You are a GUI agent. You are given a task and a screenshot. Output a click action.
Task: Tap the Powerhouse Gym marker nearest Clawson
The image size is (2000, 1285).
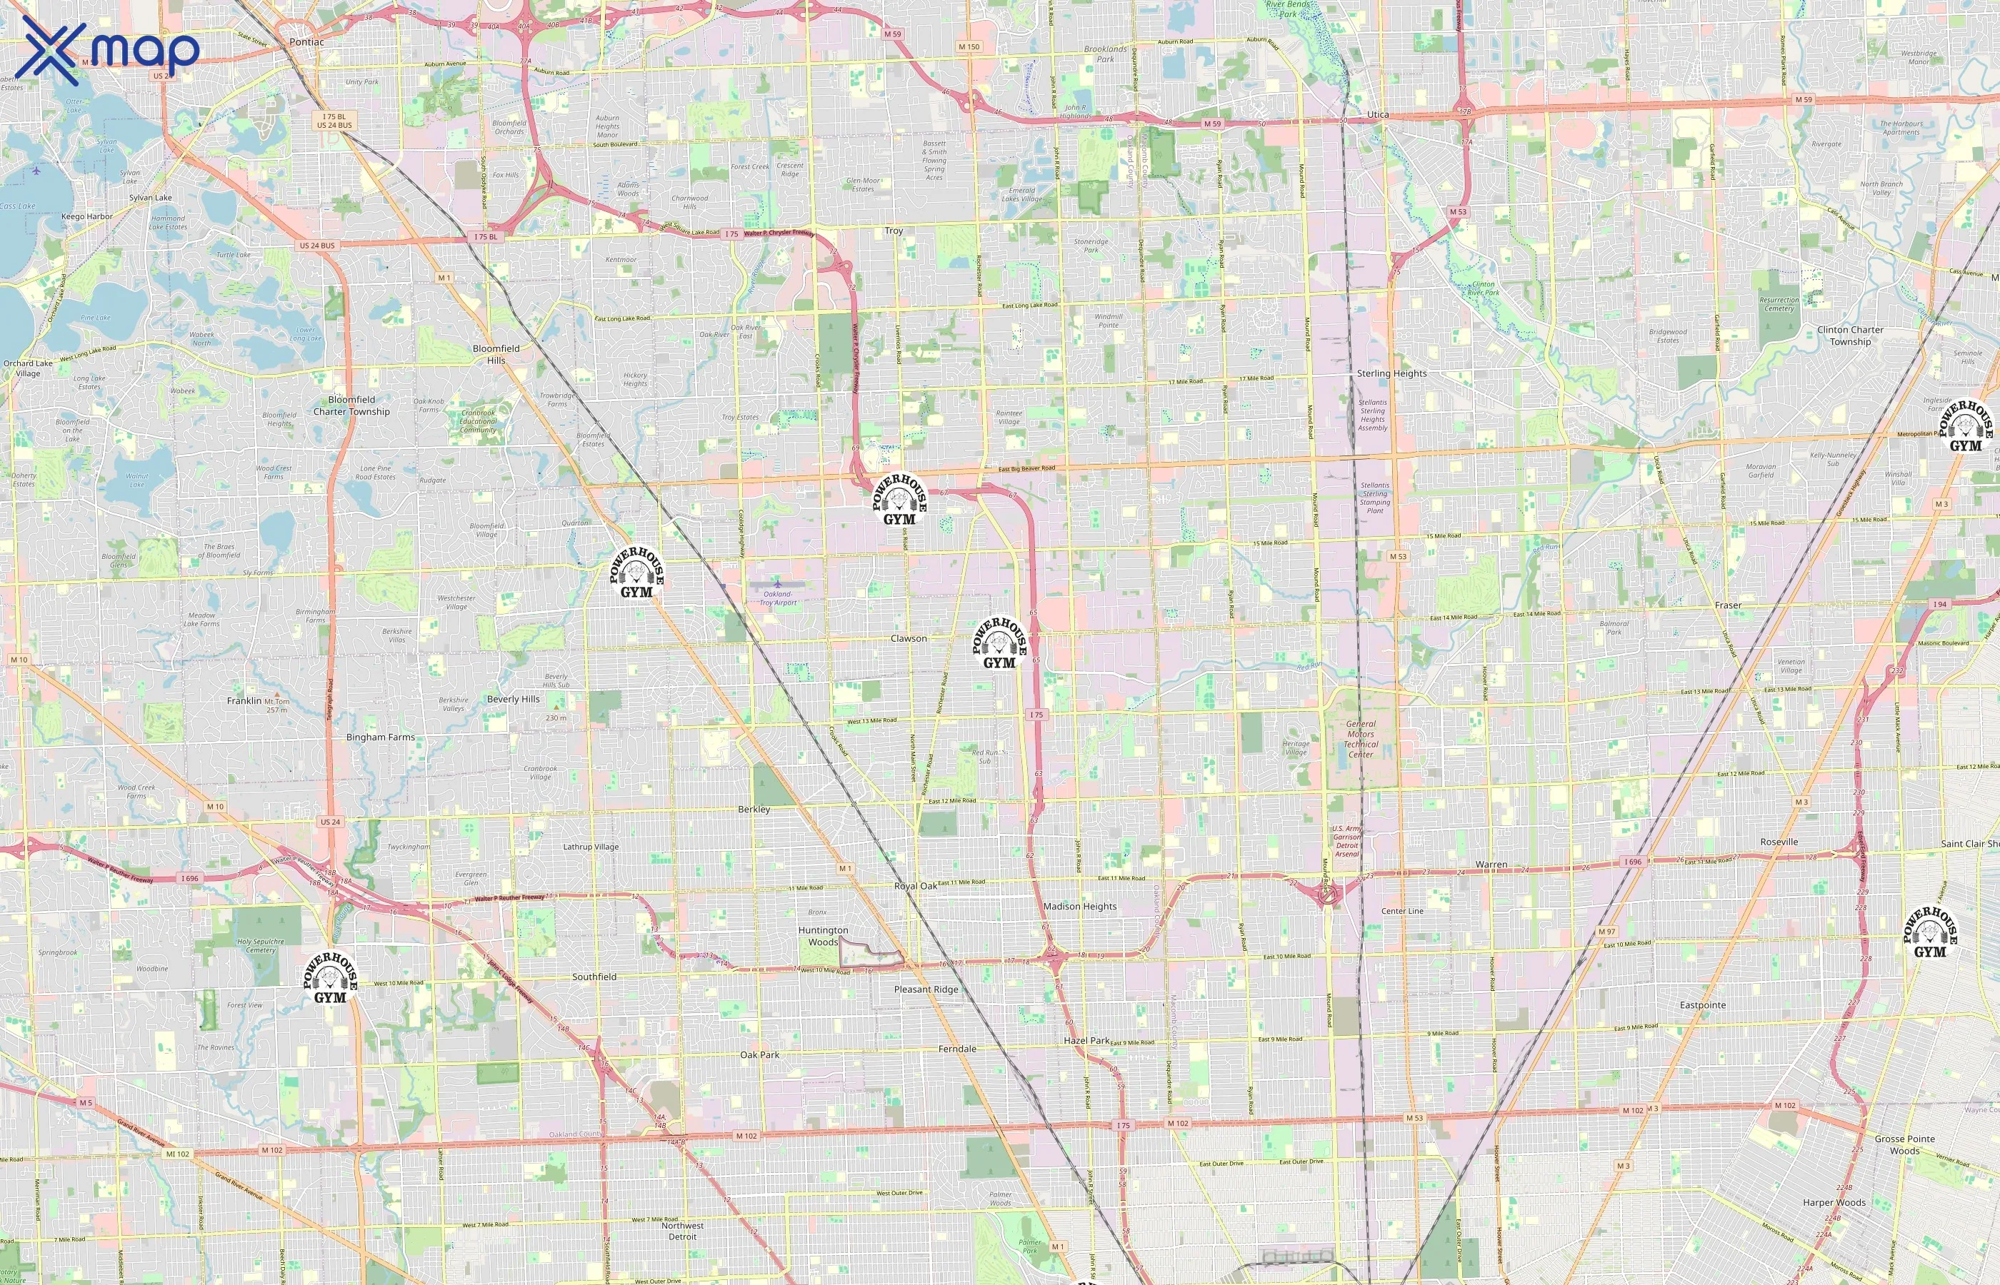pyautogui.click(x=999, y=643)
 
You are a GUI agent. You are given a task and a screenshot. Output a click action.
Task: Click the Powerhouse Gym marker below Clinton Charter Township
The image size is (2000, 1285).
pyautogui.click(x=1965, y=427)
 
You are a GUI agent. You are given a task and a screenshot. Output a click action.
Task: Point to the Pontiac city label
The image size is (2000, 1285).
pyautogui.click(x=306, y=41)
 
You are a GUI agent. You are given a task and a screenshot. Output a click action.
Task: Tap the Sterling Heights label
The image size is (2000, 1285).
pyautogui.click(x=1391, y=374)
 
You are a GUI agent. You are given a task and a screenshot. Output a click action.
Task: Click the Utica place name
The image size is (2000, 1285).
pyautogui.click(x=1378, y=115)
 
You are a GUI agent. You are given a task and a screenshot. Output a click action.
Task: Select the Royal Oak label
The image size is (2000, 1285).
pyautogui.click(x=916, y=886)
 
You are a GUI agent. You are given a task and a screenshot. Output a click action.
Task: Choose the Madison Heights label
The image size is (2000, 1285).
pyautogui.click(x=1079, y=906)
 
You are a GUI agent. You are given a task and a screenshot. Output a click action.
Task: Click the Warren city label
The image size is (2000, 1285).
pyautogui.click(x=1491, y=865)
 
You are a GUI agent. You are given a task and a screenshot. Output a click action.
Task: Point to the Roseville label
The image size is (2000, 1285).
pyautogui.click(x=1779, y=842)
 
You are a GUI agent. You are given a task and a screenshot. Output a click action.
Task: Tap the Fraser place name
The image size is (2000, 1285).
pyautogui.click(x=1728, y=605)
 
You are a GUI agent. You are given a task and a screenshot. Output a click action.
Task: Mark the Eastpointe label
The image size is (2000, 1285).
pyautogui.click(x=1702, y=1004)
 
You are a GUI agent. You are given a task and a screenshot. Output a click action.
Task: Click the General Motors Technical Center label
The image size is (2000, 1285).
pyautogui.click(x=1361, y=740)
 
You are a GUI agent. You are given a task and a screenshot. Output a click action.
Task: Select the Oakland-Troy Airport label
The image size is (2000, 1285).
pyautogui.click(x=778, y=598)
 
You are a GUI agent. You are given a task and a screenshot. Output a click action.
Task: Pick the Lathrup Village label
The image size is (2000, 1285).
pyautogui.click(x=591, y=846)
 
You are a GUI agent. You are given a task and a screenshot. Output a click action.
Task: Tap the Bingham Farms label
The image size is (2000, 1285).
pyautogui.click(x=381, y=737)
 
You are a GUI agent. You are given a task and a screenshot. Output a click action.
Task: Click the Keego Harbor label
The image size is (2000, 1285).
pyautogui.click(x=87, y=216)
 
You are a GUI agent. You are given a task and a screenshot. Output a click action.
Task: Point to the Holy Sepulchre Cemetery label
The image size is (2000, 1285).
pyautogui.click(x=261, y=945)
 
